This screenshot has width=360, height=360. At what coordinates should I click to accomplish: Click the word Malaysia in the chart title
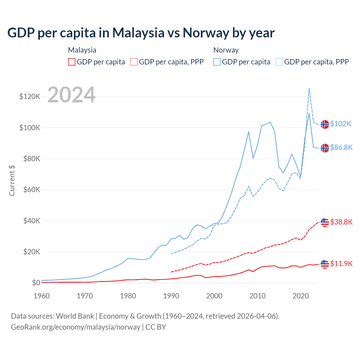point(138,33)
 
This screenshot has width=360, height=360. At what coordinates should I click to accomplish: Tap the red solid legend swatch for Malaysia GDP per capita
point(72,62)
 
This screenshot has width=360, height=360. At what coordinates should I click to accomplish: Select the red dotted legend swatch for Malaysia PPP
point(134,62)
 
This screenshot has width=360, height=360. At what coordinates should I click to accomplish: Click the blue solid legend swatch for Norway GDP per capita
point(217,62)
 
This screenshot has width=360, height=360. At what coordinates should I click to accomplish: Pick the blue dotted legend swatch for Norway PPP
point(279,62)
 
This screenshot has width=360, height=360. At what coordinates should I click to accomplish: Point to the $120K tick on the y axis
point(30,97)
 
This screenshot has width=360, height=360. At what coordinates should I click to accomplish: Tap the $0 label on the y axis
point(36,283)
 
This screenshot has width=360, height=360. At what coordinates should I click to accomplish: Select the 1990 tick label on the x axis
point(171,296)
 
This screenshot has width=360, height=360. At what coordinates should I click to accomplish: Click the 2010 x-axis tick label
point(257,296)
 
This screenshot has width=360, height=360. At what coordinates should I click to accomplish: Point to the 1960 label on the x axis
point(42,296)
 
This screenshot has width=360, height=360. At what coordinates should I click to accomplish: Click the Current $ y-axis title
point(12,180)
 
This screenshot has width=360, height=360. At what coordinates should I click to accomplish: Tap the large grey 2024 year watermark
point(71,95)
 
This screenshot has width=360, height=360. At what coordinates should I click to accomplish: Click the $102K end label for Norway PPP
point(341,124)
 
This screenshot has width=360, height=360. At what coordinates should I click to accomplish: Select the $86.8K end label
point(341,147)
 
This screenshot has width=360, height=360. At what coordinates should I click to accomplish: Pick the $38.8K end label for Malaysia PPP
point(341,222)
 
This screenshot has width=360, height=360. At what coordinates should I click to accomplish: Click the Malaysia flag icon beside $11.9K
point(325,264)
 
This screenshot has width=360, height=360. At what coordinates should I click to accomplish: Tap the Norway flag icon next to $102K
point(325,124)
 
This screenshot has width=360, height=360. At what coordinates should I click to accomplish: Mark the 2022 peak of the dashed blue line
point(309,88)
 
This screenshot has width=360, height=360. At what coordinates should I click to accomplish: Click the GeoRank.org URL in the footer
point(75,327)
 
